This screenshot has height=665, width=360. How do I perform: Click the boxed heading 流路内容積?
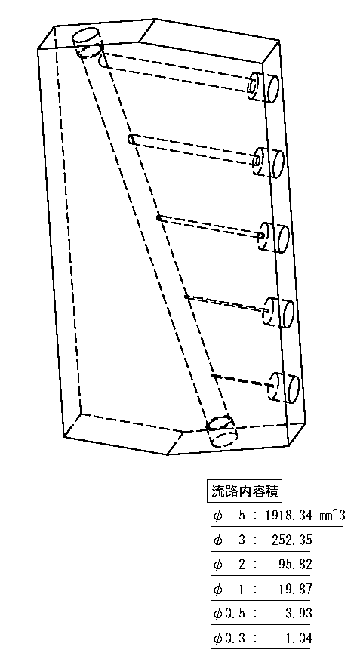245,491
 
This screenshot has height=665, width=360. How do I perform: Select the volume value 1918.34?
290,516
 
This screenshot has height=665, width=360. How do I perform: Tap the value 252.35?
292,540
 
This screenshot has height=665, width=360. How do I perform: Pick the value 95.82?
297,565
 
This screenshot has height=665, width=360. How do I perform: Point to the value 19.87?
297,589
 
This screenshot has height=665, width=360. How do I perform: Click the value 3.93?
299,613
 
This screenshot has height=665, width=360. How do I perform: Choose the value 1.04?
299,637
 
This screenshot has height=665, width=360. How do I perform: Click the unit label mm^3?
332,516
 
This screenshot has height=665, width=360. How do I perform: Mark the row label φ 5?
229,516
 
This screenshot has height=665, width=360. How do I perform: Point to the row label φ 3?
229,540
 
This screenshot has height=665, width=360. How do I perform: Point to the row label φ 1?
229,589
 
